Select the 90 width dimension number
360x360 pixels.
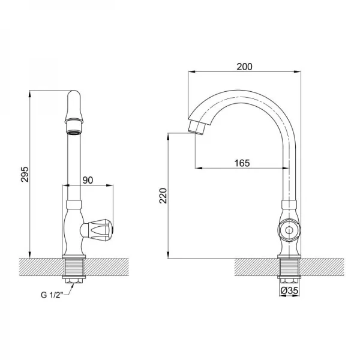[x=88, y=180]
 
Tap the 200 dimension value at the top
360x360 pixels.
[x=244, y=67]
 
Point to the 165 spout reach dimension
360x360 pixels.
[x=242, y=163]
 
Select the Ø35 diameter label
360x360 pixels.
[x=290, y=291]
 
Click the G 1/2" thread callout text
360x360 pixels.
[x=55, y=294]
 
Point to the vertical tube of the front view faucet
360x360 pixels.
[x=74, y=162]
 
